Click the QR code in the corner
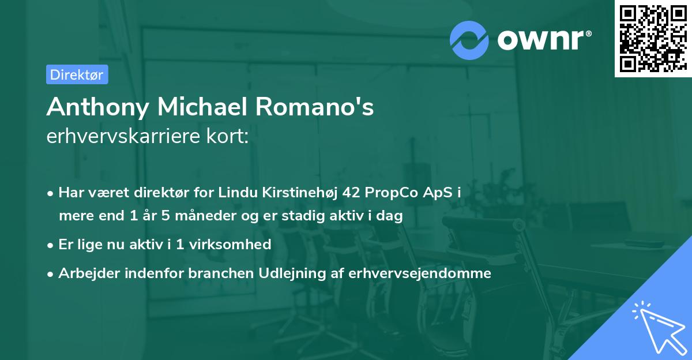[653, 38]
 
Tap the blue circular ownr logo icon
[469, 40]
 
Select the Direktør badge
[77, 74]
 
